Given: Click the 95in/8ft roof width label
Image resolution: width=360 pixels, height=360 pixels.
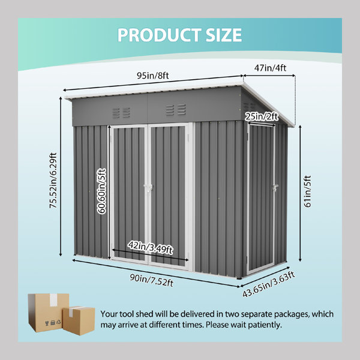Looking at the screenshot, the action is [x=152, y=76].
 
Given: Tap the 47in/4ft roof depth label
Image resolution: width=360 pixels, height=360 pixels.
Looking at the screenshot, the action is [x=270, y=68].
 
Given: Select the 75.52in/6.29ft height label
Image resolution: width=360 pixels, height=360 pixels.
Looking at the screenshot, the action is [x=53, y=181].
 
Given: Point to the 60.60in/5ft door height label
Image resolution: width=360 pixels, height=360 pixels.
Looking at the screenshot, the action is [x=102, y=191].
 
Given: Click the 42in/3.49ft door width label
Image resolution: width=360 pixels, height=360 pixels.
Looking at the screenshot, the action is [x=151, y=247].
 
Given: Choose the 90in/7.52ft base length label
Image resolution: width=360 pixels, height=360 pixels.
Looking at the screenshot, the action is [x=152, y=280].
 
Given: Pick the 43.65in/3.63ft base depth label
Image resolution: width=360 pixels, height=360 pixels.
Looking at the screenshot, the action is [x=269, y=284].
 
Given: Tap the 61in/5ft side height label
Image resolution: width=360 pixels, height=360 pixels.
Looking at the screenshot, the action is [x=307, y=191].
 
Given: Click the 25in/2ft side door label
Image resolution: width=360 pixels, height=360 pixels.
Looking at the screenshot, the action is [x=262, y=116].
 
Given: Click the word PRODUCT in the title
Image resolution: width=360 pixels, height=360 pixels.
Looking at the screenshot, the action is [x=160, y=35].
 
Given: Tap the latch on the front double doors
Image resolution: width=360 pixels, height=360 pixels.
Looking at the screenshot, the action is [x=148, y=187].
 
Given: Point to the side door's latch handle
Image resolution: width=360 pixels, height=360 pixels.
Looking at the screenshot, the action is [x=275, y=187].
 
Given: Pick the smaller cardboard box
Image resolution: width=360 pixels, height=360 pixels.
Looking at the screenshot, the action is [x=79, y=321].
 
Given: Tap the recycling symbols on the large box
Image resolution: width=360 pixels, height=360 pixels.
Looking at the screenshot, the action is [x=53, y=323].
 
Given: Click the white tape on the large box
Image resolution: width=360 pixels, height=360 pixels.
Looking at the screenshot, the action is [x=53, y=299].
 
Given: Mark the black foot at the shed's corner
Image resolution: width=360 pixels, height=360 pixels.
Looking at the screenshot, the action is [x=239, y=278].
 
